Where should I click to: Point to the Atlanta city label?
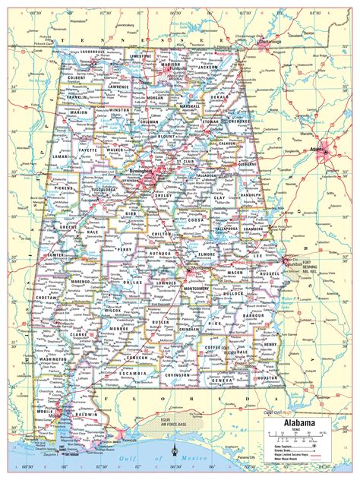[x=331, y=150]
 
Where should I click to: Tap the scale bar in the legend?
[x=304, y=436]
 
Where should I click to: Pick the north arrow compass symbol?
[x=176, y=455]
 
